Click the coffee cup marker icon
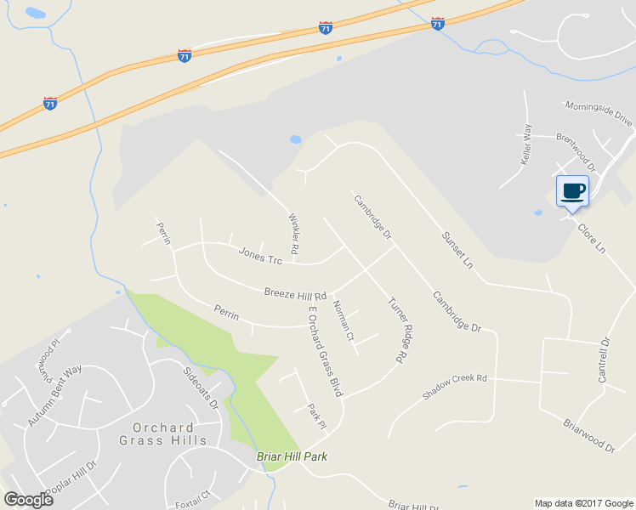pos(571,190)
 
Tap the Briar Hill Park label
pos(292,456)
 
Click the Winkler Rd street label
pos(294,234)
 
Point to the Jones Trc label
pos(260,253)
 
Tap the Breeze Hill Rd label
pos(295,292)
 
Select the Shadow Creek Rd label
pos(455,387)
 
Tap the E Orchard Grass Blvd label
pos(325,352)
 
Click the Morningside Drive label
pos(599,113)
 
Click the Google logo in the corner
pos(28,500)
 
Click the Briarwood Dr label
pos(588,434)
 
